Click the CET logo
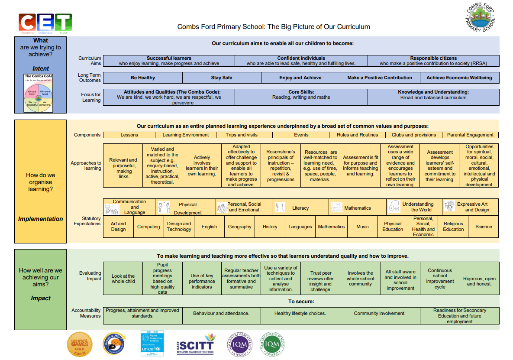45,23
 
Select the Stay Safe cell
222,78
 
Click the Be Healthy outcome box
143,78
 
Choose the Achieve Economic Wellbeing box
459,78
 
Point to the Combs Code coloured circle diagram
39,96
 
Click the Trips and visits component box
242,135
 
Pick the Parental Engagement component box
470,135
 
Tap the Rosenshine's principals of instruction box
281,165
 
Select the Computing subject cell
148,227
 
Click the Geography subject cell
239,227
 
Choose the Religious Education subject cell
453,227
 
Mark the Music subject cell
362,227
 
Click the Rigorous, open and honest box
479,281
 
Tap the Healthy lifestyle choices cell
300,313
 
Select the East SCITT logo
196,344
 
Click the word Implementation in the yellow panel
41,219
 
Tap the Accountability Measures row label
86,313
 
